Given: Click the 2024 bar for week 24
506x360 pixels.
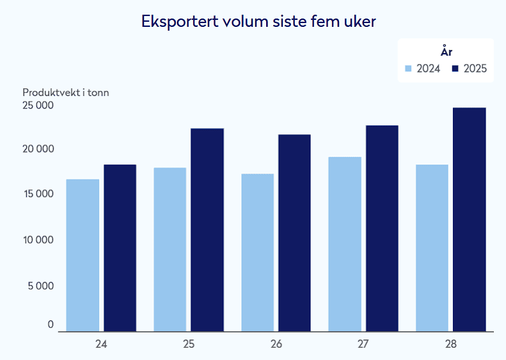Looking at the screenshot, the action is click(x=83, y=255).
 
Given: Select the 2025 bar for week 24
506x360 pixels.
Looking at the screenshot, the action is click(x=120, y=247).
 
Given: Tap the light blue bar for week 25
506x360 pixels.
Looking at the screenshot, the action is click(x=170, y=249).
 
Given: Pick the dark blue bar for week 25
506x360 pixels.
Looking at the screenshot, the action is click(x=207, y=230).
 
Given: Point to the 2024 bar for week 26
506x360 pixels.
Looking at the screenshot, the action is click(x=258, y=253).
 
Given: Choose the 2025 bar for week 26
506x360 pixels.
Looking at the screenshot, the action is click(x=295, y=233).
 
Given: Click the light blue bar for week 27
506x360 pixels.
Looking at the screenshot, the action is click(x=345, y=244).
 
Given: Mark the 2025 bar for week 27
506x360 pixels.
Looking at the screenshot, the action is click(x=382, y=228).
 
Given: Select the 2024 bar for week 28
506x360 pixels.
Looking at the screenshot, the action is click(x=432, y=247).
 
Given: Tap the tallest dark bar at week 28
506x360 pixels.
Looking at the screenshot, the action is click(x=470, y=219).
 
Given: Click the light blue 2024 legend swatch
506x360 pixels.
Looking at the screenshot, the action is click(x=408, y=68).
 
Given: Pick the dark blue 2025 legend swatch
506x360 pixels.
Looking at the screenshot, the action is click(x=455, y=68).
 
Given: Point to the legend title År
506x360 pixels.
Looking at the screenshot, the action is click(x=447, y=51).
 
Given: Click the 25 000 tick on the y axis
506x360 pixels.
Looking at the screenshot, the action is click(x=38, y=105).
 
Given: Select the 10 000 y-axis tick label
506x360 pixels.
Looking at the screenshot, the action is click(x=38, y=240).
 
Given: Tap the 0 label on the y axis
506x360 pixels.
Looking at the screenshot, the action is click(x=51, y=324).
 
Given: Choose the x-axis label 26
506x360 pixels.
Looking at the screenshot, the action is click(x=276, y=344).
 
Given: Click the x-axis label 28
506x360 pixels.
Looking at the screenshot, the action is click(x=451, y=344).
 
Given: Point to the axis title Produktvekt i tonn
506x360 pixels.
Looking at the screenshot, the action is click(x=66, y=93).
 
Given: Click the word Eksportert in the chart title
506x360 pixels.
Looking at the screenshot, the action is click(x=180, y=22).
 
